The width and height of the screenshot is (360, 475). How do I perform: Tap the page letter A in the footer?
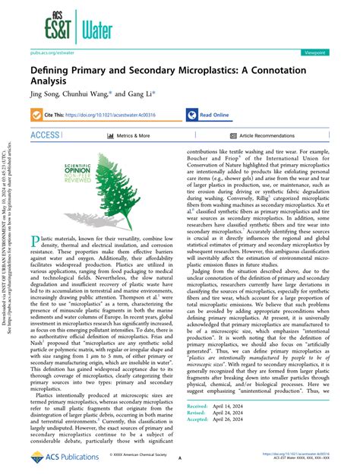[x=178, y=458]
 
